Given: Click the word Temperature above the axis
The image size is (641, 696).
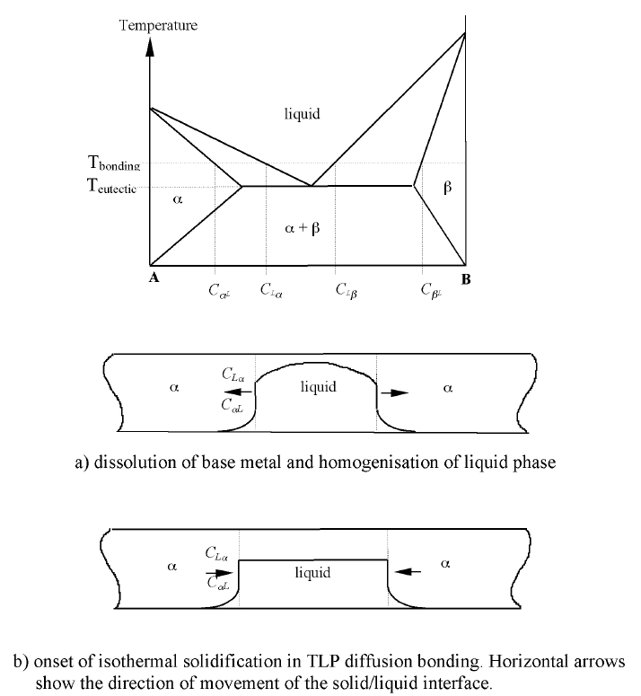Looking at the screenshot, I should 158,25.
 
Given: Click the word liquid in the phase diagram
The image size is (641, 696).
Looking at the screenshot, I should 302,114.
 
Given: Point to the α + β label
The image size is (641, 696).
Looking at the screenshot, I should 302,228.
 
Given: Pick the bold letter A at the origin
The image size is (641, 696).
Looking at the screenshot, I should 154,278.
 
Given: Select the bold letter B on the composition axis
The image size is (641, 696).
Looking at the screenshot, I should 465,278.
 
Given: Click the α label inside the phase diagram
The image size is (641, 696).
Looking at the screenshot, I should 177,201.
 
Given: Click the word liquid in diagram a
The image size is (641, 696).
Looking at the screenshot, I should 318,387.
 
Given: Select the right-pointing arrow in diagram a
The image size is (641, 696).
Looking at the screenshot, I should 393,392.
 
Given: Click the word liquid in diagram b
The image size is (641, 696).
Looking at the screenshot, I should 312,572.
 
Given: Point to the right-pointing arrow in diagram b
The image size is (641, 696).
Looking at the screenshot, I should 218,569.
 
